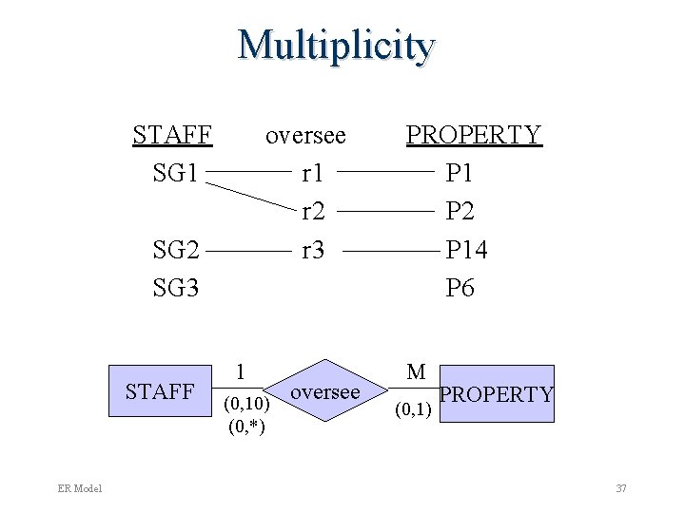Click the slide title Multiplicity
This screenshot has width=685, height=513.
337,46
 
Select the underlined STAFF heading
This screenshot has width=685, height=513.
171,135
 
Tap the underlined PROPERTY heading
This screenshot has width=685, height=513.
474,135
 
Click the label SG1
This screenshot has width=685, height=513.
176,174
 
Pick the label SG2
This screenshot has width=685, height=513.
176,251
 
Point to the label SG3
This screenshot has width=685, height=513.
176,288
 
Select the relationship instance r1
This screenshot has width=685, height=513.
312,174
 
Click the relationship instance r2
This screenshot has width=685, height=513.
312,212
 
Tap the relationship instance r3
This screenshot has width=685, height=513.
312,251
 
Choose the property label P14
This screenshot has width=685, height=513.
466,251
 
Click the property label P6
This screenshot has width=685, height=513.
460,288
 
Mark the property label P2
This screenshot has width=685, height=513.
460,212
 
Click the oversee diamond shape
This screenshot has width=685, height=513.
325,392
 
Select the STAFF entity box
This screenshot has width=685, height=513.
160,392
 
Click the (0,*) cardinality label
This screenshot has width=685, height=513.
246,426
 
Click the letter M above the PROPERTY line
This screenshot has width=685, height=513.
416,372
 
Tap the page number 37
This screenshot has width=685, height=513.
621,488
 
